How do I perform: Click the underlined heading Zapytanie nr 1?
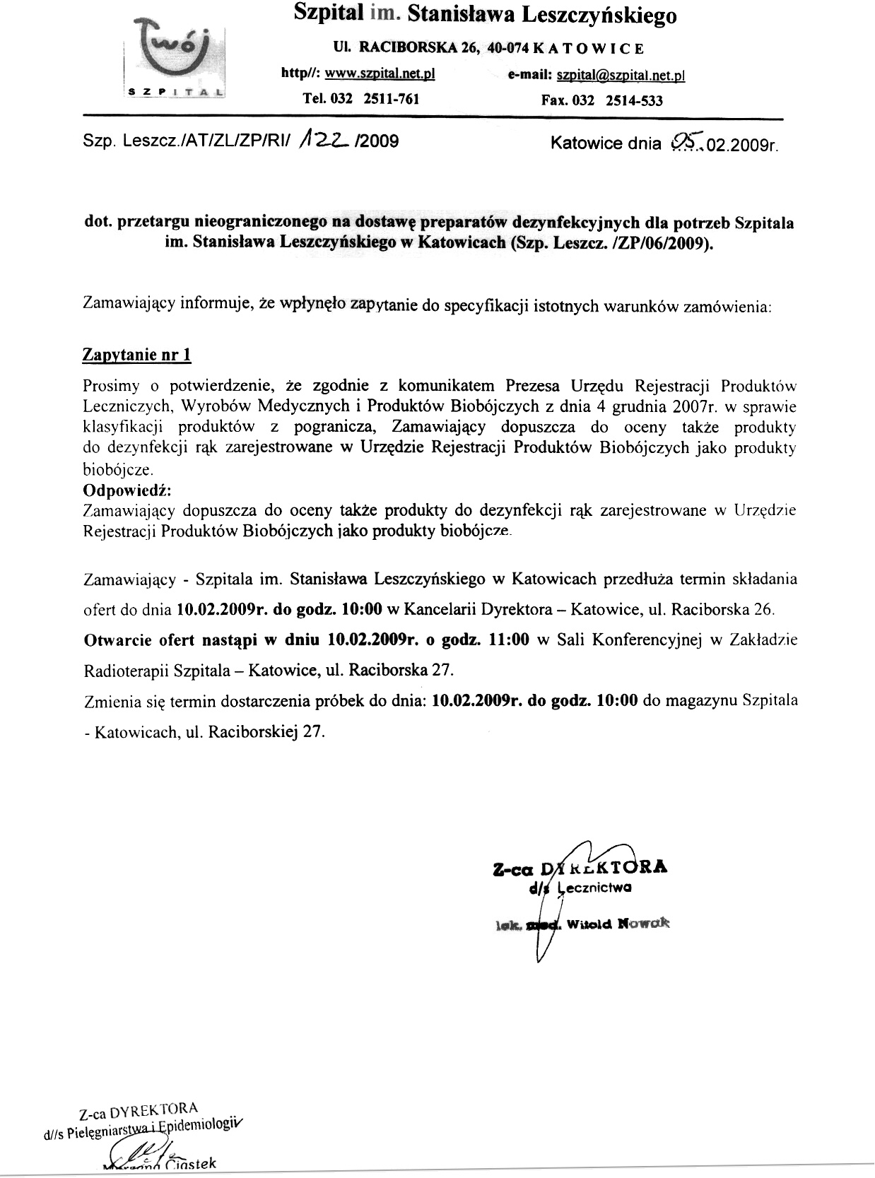coord(137,355)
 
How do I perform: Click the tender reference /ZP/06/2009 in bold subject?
coord(669,244)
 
